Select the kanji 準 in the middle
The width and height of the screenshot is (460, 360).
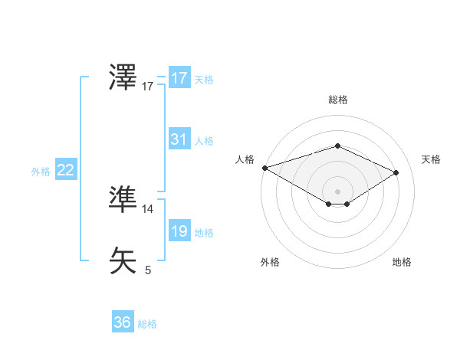coord(123,199)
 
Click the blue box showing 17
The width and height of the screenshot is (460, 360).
coord(179,78)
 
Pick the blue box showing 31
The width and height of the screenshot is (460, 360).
coord(179,139)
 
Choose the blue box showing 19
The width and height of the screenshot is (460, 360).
coord(179,232)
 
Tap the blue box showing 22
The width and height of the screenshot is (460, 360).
coord(65,170)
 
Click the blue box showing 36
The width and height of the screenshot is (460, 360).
coord(122,322)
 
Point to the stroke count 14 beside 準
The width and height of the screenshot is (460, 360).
coord(147,208)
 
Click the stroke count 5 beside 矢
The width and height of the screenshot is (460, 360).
coord(148,270)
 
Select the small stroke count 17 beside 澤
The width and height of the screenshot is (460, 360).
coord(148,87)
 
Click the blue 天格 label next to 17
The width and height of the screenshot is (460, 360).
coord(204,79)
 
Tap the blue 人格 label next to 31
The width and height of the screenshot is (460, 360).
coord(204,141)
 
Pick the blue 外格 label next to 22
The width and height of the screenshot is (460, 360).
coord(41,172)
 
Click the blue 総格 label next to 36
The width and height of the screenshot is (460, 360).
coord(147,324)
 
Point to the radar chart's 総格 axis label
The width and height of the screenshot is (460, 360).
coord(337,100)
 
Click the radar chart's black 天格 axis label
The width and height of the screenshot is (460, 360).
coord(432,159)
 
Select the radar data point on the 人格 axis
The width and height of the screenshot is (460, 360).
coord(264,168)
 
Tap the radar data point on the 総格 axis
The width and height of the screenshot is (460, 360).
coord(337,146)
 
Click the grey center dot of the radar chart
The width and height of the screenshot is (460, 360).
coord(337,191)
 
